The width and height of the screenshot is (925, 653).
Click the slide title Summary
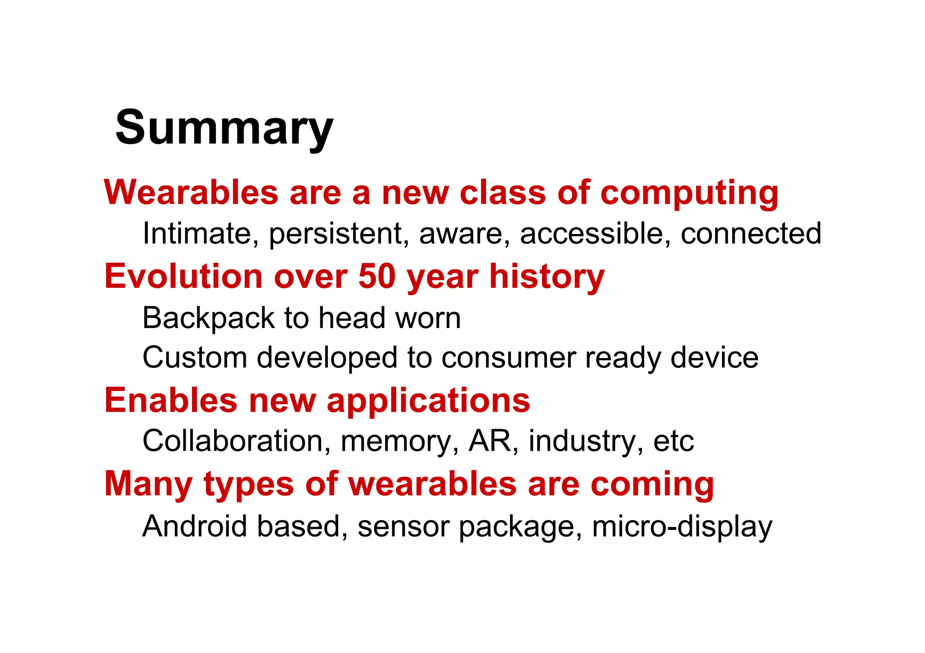(x=224, y=128)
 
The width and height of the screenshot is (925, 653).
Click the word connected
(x=751, y=233)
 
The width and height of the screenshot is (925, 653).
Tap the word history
(x=547, y=277)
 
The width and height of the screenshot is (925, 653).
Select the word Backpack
(x=208, y=318)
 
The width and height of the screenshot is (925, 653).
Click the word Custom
(x=195, y=357)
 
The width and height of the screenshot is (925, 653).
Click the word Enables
(x=171, y=400)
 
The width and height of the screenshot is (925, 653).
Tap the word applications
(x=428, y=401)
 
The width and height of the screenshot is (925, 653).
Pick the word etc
(x=673, y=441)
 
